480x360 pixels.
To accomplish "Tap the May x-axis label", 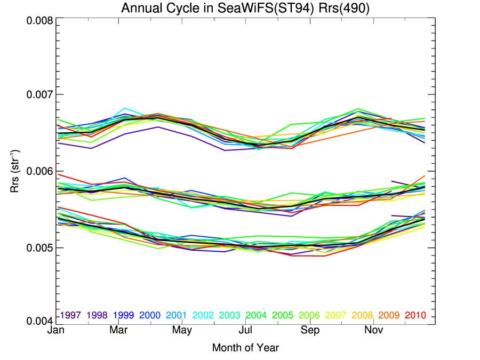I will tap(182, 331).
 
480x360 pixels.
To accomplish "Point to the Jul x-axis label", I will tap(246, 331).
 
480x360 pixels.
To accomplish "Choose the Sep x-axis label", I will tap(310, 331).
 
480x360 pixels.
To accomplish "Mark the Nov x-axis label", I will tap(373, 331).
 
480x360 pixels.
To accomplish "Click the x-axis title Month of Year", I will tap(245, 348).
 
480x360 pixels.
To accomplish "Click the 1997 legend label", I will tap(71, 316).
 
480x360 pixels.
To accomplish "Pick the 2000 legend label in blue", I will tap(150, 316).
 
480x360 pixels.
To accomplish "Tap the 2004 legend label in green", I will tap(255, 316).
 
